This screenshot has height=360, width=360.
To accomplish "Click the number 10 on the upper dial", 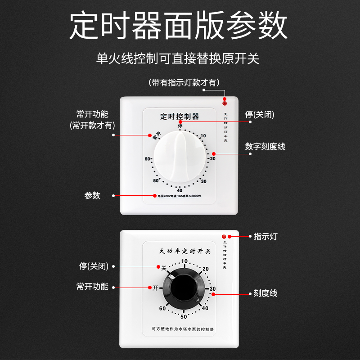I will [203, 135].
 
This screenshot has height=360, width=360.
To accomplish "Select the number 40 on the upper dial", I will [180, 189].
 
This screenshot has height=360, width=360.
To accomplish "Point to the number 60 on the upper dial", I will [147, 159].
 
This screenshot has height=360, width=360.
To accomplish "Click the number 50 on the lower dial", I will [184, 316].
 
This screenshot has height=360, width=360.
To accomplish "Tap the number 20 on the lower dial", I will [206, 269].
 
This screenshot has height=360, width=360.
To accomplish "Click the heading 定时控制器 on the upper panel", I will [180, 117].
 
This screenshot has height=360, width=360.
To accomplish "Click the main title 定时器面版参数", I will [179, 26].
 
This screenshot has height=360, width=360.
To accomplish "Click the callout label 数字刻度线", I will [265, 146].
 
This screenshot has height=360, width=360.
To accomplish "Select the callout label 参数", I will [92, 196].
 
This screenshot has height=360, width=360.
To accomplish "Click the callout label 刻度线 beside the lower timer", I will [265, 293].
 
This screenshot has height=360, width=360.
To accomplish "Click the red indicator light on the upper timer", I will [224, 103].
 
